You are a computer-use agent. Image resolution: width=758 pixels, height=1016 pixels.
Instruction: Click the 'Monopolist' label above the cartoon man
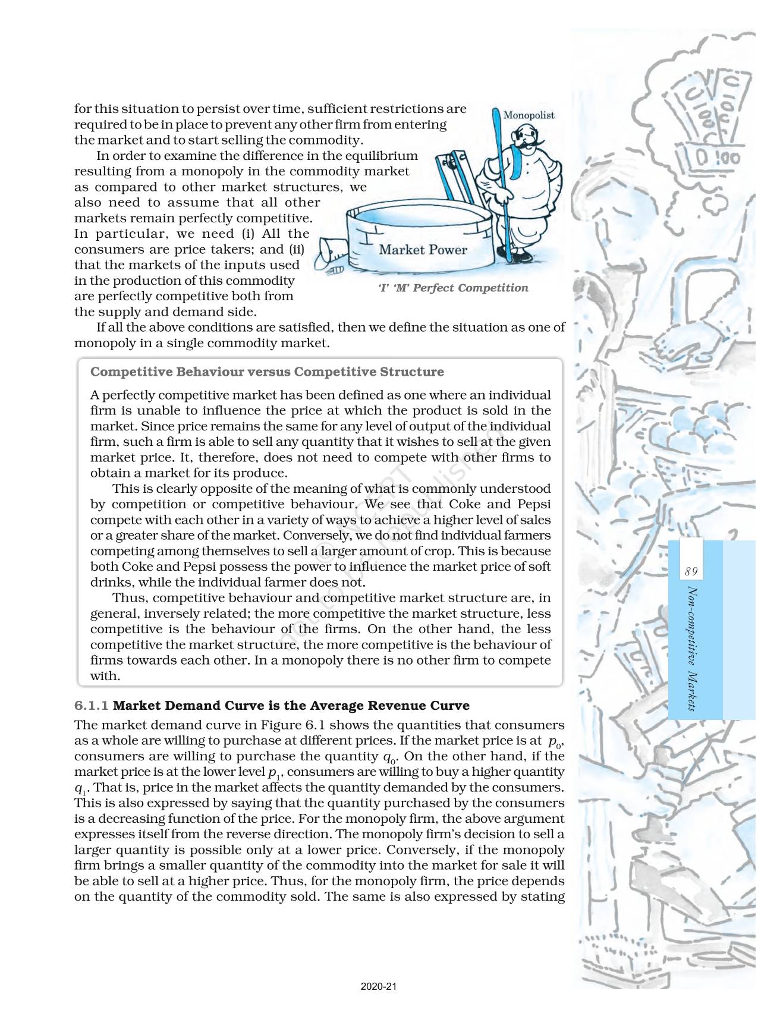tap(529, 115)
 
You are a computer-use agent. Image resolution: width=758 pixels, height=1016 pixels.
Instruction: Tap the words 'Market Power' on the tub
tap(423, 250)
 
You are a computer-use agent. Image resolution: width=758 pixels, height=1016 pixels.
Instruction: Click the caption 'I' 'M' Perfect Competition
tap(452, 288)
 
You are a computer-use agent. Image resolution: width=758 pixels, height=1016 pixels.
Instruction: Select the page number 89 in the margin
tap(690, 572)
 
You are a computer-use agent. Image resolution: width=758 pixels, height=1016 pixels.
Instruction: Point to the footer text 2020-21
tap(379, 987)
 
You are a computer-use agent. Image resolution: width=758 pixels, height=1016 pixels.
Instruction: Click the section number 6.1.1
tap(92, 706)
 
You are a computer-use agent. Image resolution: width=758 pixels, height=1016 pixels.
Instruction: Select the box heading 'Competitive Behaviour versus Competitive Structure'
tap(267, 372)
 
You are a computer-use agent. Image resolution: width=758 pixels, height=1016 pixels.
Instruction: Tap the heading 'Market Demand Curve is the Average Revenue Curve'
tap(291, 706)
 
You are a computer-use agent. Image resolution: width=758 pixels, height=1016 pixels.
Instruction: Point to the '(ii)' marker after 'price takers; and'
tap(295, 250)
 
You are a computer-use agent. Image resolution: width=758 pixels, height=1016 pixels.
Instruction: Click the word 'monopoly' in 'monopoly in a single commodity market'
tap(101, 343)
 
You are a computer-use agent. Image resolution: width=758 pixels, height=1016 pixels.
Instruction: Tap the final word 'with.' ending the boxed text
tap(105, 676)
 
